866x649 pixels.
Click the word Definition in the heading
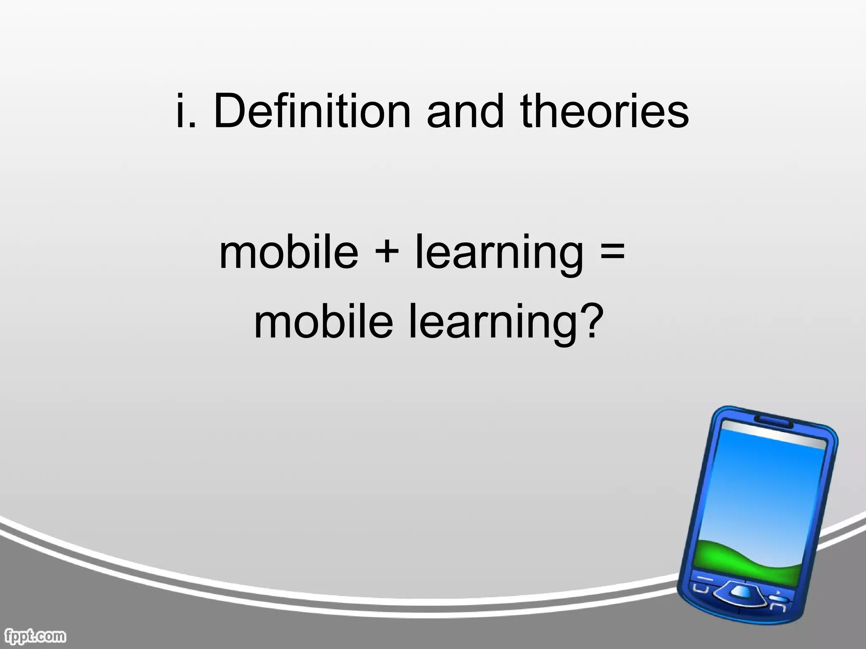pos(312,111)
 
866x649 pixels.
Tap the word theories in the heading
pos(605,111)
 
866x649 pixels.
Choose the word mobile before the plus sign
pos(289,252)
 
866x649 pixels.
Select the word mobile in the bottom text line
pos(323,322)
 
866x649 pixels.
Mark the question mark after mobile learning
pos(589,320)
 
